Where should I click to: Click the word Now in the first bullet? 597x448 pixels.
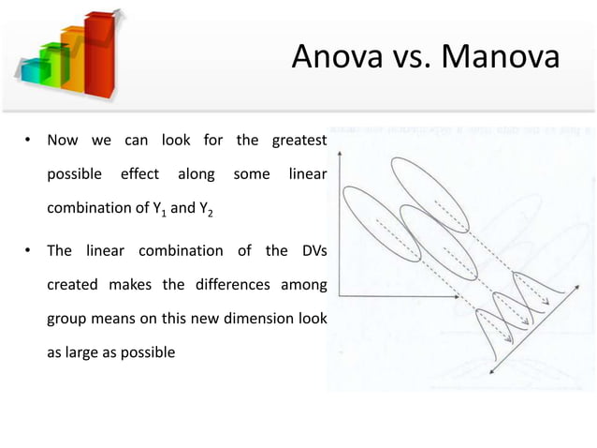coord(64,142)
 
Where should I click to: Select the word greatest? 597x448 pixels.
coord(298,142)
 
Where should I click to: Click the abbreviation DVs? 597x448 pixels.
coord(309,250)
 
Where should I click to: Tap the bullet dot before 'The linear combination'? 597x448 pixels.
coord(29,251)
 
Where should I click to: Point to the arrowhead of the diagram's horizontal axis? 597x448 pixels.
coord(456,295)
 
